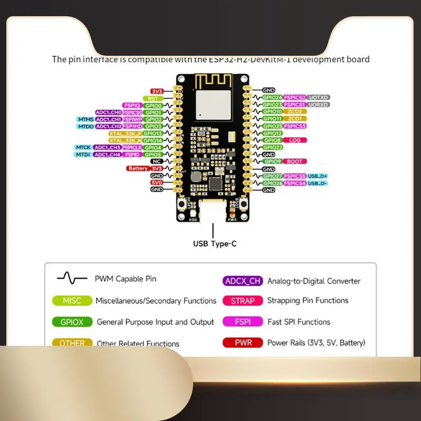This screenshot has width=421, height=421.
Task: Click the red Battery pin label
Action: click(x=137, y=168)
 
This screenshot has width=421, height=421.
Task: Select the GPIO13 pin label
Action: click(x=153, y=134)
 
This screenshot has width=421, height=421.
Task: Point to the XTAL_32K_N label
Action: click(x=125, y=141)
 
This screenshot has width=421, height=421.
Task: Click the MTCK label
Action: click(x=83, y=147)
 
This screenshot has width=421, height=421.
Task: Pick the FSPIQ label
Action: click(x=132, y=105)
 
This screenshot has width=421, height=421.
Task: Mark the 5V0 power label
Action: click(x=157, y=183)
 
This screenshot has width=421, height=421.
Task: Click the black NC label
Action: click(x=157, y=162)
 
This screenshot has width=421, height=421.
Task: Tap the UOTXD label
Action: click(x=318, y=98)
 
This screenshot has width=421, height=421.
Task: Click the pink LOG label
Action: click(x=295, y=141)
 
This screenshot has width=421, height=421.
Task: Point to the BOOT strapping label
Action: click(x=295, y=162)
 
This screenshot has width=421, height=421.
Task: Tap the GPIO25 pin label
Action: click(x=273, y=126)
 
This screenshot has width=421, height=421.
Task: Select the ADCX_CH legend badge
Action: click(x=243, y=280)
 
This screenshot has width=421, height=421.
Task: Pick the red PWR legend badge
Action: click(x=243, y=343)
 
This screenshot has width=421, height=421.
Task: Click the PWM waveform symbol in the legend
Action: click(x=72, y=278)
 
